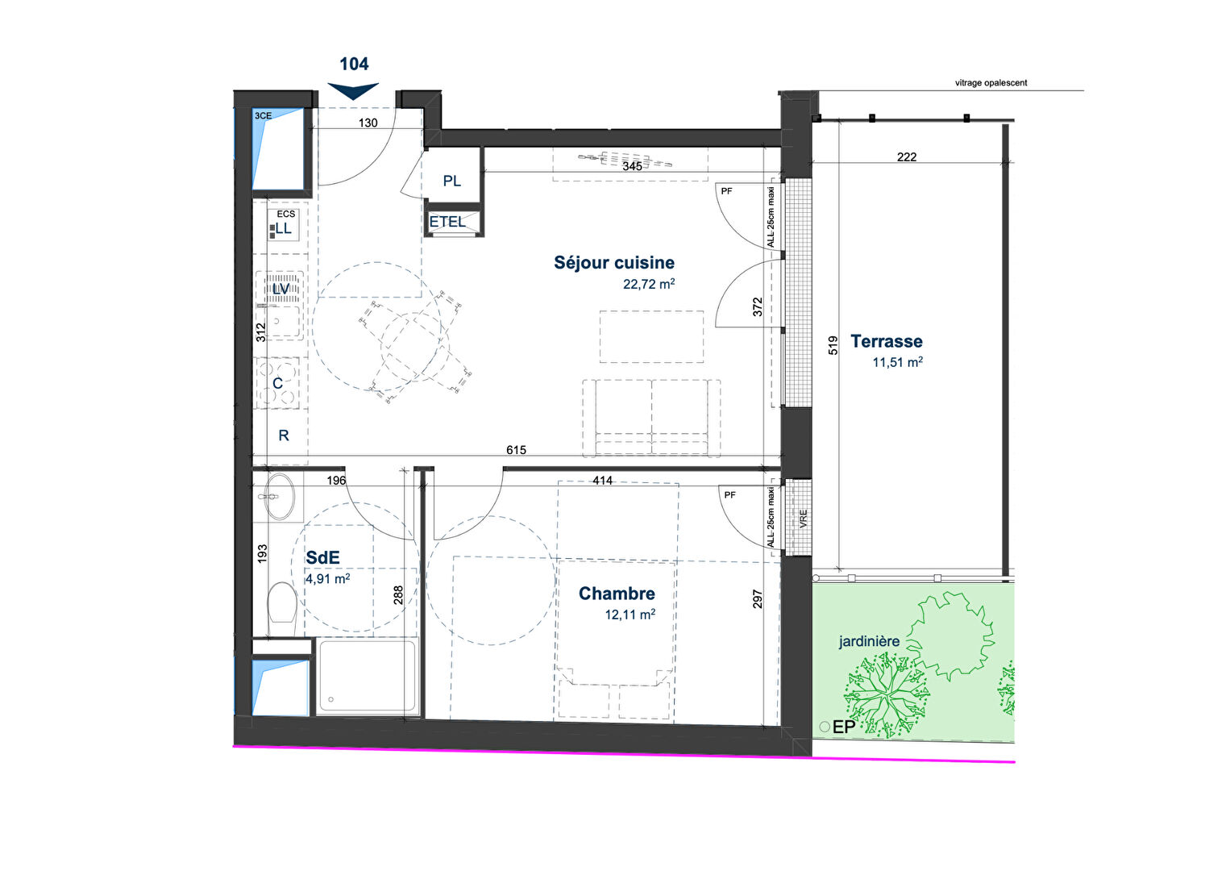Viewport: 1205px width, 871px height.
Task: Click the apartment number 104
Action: pos(354,64)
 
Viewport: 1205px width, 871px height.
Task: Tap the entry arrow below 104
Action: pos(353,90)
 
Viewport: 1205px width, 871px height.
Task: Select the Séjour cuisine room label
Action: pos(614,263)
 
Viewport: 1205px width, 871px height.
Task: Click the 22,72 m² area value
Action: pos(649,283)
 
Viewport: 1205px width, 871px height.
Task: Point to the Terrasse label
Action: pos(887,341)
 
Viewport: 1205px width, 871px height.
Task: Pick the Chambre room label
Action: pos(617,594)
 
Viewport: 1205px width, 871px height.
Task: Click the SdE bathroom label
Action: pos(322,558)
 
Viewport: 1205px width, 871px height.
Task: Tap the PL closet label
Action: pos(452,181)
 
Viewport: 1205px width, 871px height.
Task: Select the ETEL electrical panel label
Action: pos(447,222)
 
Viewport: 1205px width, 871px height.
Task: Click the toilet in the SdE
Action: pos(282,608)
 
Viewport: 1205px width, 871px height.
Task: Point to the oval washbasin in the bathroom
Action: pos(280,496)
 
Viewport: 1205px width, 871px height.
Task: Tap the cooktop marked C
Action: pos(277,383)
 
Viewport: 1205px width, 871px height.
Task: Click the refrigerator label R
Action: pos(284,435)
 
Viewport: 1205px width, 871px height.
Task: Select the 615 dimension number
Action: pos(516,449)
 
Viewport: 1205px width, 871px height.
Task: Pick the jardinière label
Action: pos(869,641)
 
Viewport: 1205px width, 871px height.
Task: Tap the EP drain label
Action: pos(843,727)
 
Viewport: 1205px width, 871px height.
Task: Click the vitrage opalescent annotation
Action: pos(991,83)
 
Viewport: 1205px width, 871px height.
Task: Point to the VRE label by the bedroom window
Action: pos(803,519)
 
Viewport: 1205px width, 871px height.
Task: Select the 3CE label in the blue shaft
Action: pos(263,116)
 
